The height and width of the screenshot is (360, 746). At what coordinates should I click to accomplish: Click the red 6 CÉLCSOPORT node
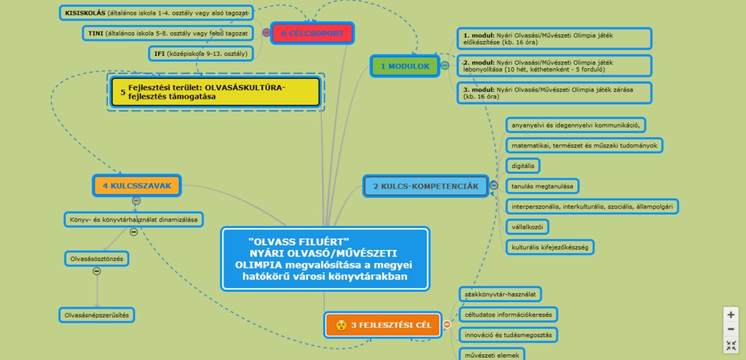(312, 33)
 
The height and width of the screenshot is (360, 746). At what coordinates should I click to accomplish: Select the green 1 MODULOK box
(404, 66)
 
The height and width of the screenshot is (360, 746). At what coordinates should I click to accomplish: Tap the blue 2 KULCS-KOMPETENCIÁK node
(425, 186)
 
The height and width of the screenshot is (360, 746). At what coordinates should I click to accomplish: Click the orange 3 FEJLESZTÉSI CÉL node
(383, 325)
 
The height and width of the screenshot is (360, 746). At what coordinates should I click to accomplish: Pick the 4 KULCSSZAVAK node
(136, 185)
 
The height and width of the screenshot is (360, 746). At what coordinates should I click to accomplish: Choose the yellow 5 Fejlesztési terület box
(215, 92)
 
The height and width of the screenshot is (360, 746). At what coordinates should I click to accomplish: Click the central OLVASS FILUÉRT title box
(325, 259)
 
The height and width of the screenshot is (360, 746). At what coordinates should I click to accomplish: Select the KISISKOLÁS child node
(157, 13)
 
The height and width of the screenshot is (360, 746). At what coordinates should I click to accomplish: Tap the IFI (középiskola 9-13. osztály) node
(199, 53)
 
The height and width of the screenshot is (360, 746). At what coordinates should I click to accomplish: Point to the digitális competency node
(523, 166)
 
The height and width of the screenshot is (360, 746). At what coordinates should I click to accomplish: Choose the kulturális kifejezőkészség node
(550, 247)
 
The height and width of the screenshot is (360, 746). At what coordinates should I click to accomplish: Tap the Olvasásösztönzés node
(97, 259)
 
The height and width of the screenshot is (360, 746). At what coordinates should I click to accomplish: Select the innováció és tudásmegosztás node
(506, 335)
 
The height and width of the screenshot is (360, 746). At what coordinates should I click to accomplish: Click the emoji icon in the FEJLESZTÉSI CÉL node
(341, 325)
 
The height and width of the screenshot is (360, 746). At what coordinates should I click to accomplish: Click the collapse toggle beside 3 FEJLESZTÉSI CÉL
(447, 325)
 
